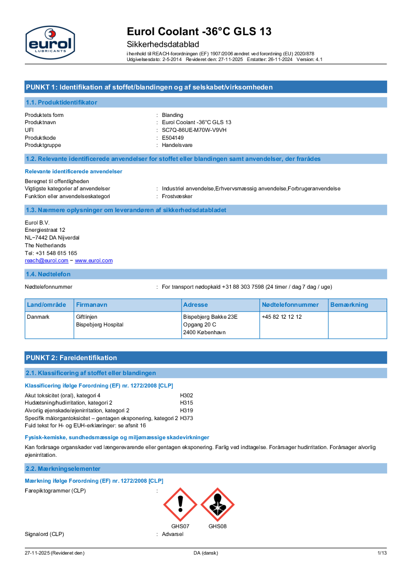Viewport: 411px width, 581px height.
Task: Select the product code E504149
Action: (x=173, y=138)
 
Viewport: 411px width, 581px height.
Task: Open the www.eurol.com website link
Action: (x=94, y=261)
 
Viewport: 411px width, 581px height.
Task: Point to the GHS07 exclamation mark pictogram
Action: (x=180, y=504)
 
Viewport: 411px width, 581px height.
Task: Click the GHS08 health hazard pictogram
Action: (x=217, y=504)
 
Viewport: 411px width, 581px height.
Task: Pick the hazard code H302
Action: (x=186, y=395)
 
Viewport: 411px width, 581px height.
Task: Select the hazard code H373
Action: (x=186, y=418)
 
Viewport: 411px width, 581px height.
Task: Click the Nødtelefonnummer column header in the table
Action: (x=290, y=305)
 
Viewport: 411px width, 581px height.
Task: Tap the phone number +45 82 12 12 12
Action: (x=282, y=317)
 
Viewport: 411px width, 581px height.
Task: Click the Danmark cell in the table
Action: (x=38, y=317)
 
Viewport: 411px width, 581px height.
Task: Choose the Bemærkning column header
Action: (x=349, y=305)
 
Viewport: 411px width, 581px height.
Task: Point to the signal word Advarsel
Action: (x=172, y=534)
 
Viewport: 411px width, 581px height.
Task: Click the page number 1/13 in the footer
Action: (x=382, y=553)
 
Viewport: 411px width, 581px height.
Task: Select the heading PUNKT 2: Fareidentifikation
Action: (x=71, y=357)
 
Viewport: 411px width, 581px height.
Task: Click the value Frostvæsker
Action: (x=177, y=197)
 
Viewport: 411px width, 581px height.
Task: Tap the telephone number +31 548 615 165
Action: (x=51, y=253)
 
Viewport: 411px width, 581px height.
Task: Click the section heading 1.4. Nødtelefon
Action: (x=48, y=274)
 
